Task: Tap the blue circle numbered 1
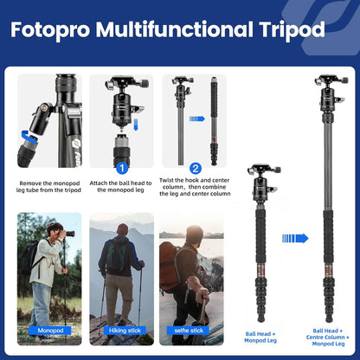click(x=122, y=168)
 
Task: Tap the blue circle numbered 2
click(x=196, y=168)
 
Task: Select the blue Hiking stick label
click(x=122, y=331)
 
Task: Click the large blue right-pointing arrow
click(x=295, y=238)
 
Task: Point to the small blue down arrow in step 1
click(x=121, y=126)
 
